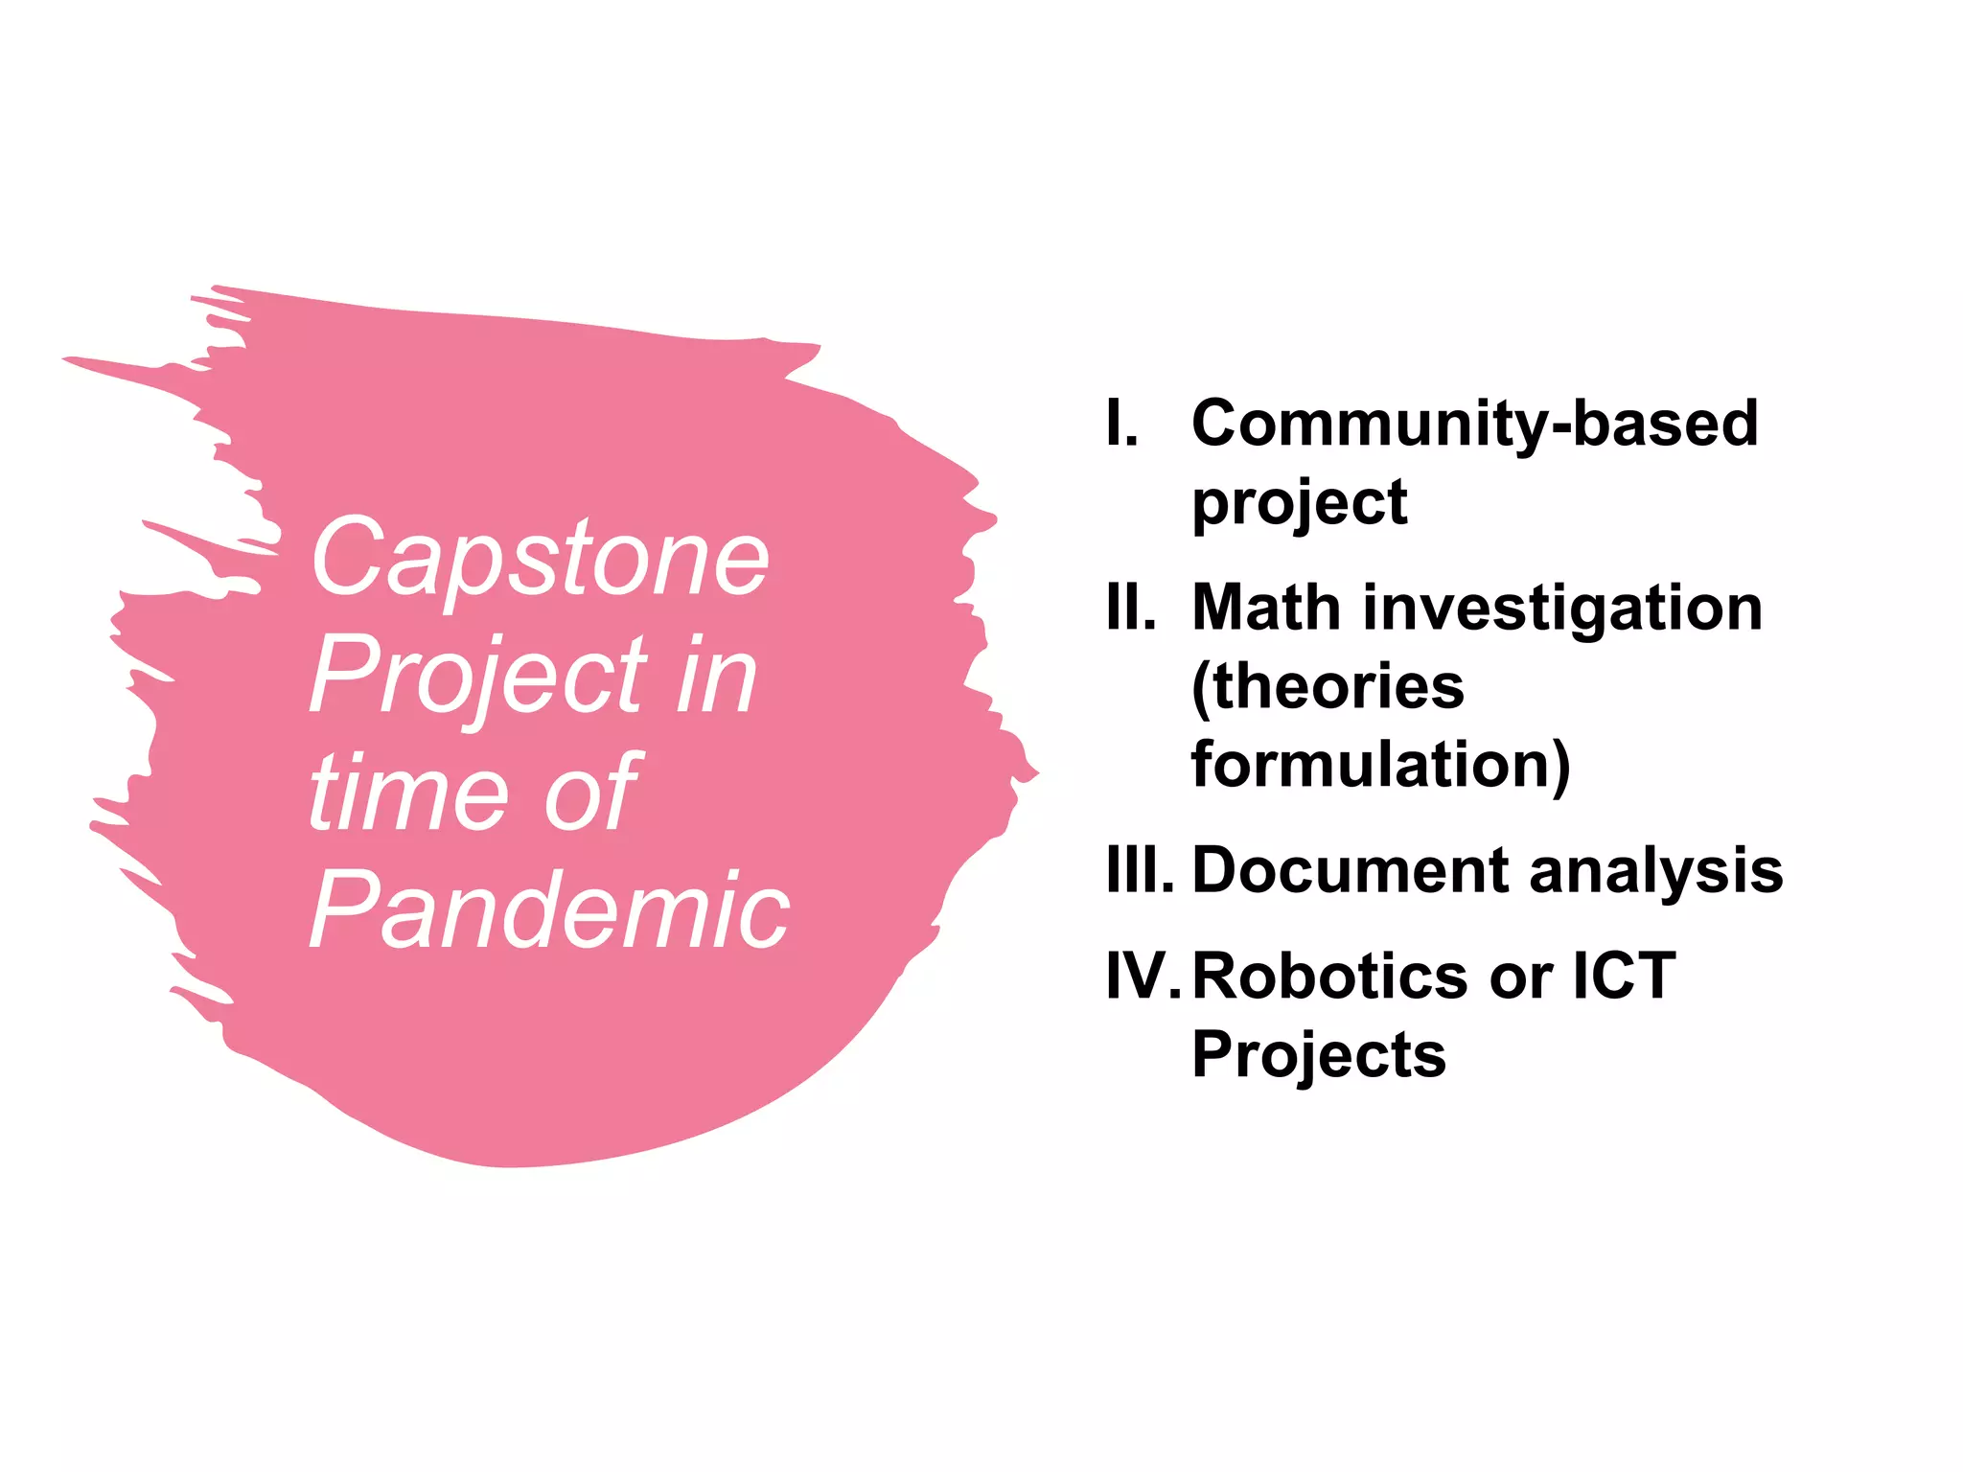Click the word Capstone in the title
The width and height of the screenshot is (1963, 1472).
[540, 560]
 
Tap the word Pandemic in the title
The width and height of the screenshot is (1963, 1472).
[549, 910]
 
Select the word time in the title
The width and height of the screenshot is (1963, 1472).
[408, 793]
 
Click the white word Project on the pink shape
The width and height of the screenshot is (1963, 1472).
[477, 677]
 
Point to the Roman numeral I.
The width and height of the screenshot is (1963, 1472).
[1120, 423]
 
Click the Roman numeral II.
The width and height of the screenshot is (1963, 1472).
[1130, 608]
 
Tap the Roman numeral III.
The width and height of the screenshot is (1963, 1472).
[1139, 870]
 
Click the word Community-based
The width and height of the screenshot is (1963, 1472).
[1475, 423]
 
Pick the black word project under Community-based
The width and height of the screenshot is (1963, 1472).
[1299, 503]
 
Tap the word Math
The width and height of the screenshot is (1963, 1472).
[1266, 608]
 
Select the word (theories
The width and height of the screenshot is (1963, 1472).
[1328, 686]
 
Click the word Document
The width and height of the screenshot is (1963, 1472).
[1351, 870]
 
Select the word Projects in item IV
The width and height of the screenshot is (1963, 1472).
[1319, 1054]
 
